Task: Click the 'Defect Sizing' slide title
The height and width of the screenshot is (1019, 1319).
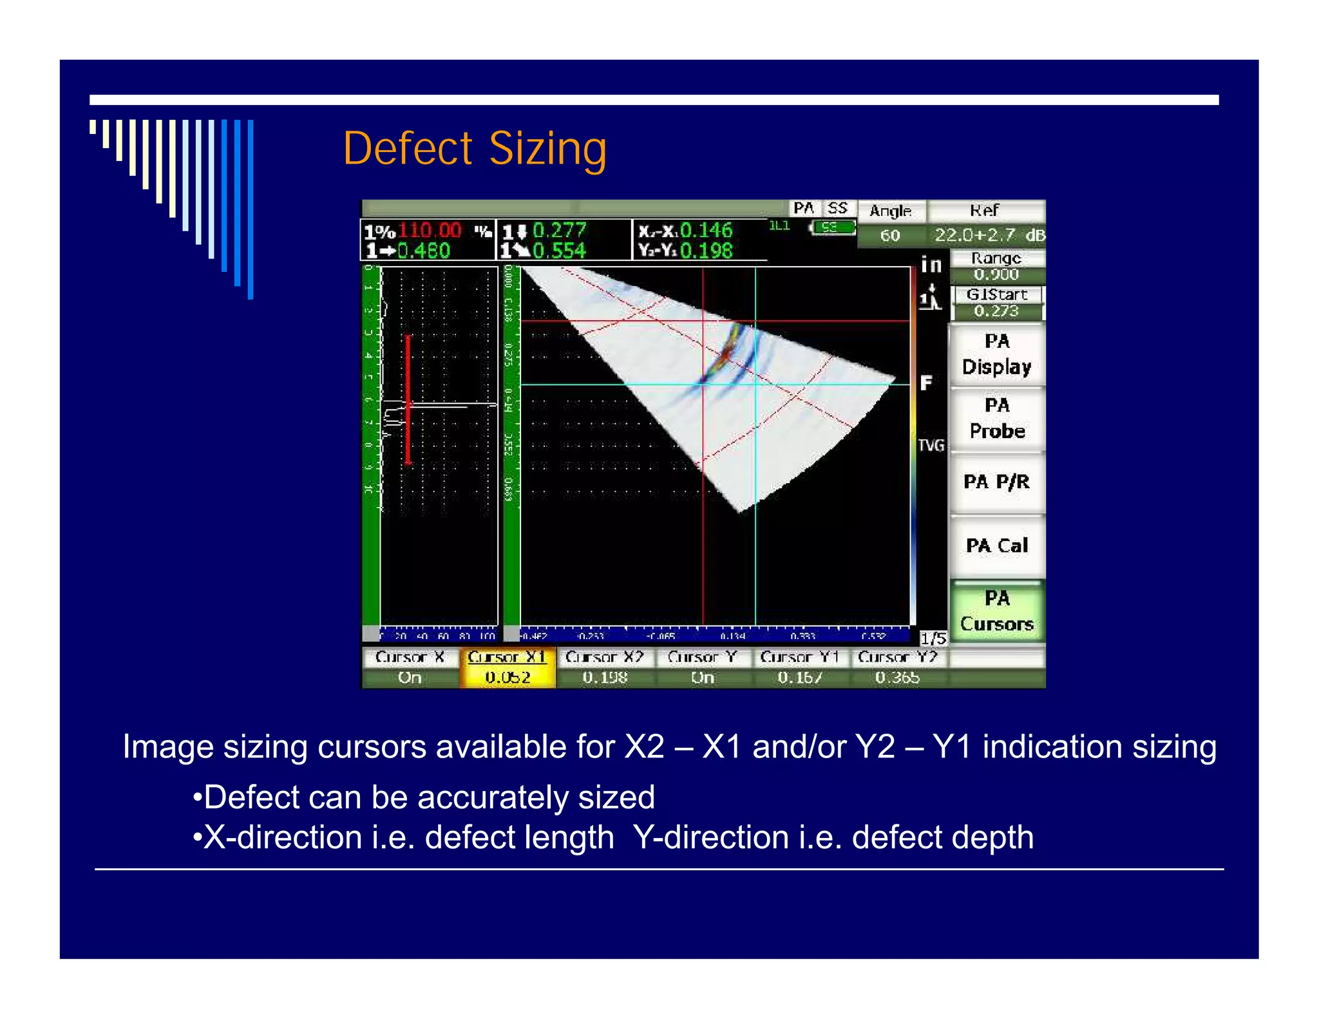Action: coord(475,149)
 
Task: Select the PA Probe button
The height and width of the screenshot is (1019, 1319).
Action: coord(996,418)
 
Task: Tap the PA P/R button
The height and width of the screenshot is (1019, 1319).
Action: coord(996,482)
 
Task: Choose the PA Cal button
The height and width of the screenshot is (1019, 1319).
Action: coord(996,546)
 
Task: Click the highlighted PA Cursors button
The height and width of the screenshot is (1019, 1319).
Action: coord(996,611)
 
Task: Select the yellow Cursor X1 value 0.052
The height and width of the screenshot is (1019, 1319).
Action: coord(508,678)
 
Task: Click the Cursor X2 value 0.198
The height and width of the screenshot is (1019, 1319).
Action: coord(604,678)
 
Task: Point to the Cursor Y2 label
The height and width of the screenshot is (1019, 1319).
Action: coord(897,657)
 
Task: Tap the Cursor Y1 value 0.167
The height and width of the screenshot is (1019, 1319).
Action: coord(799,678)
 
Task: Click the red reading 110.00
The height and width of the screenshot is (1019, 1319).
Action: coord(430,230)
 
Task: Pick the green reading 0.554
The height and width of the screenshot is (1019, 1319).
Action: coord(559,251)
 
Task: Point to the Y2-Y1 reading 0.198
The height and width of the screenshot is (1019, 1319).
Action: coord(706,251)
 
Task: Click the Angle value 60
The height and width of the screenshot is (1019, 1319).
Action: coord(890,236)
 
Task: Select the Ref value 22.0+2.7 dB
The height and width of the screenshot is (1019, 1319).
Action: coord(989,235)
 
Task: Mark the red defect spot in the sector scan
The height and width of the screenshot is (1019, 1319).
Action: coord(726,353)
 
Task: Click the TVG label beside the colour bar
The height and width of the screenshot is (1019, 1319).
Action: coord(931,445)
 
